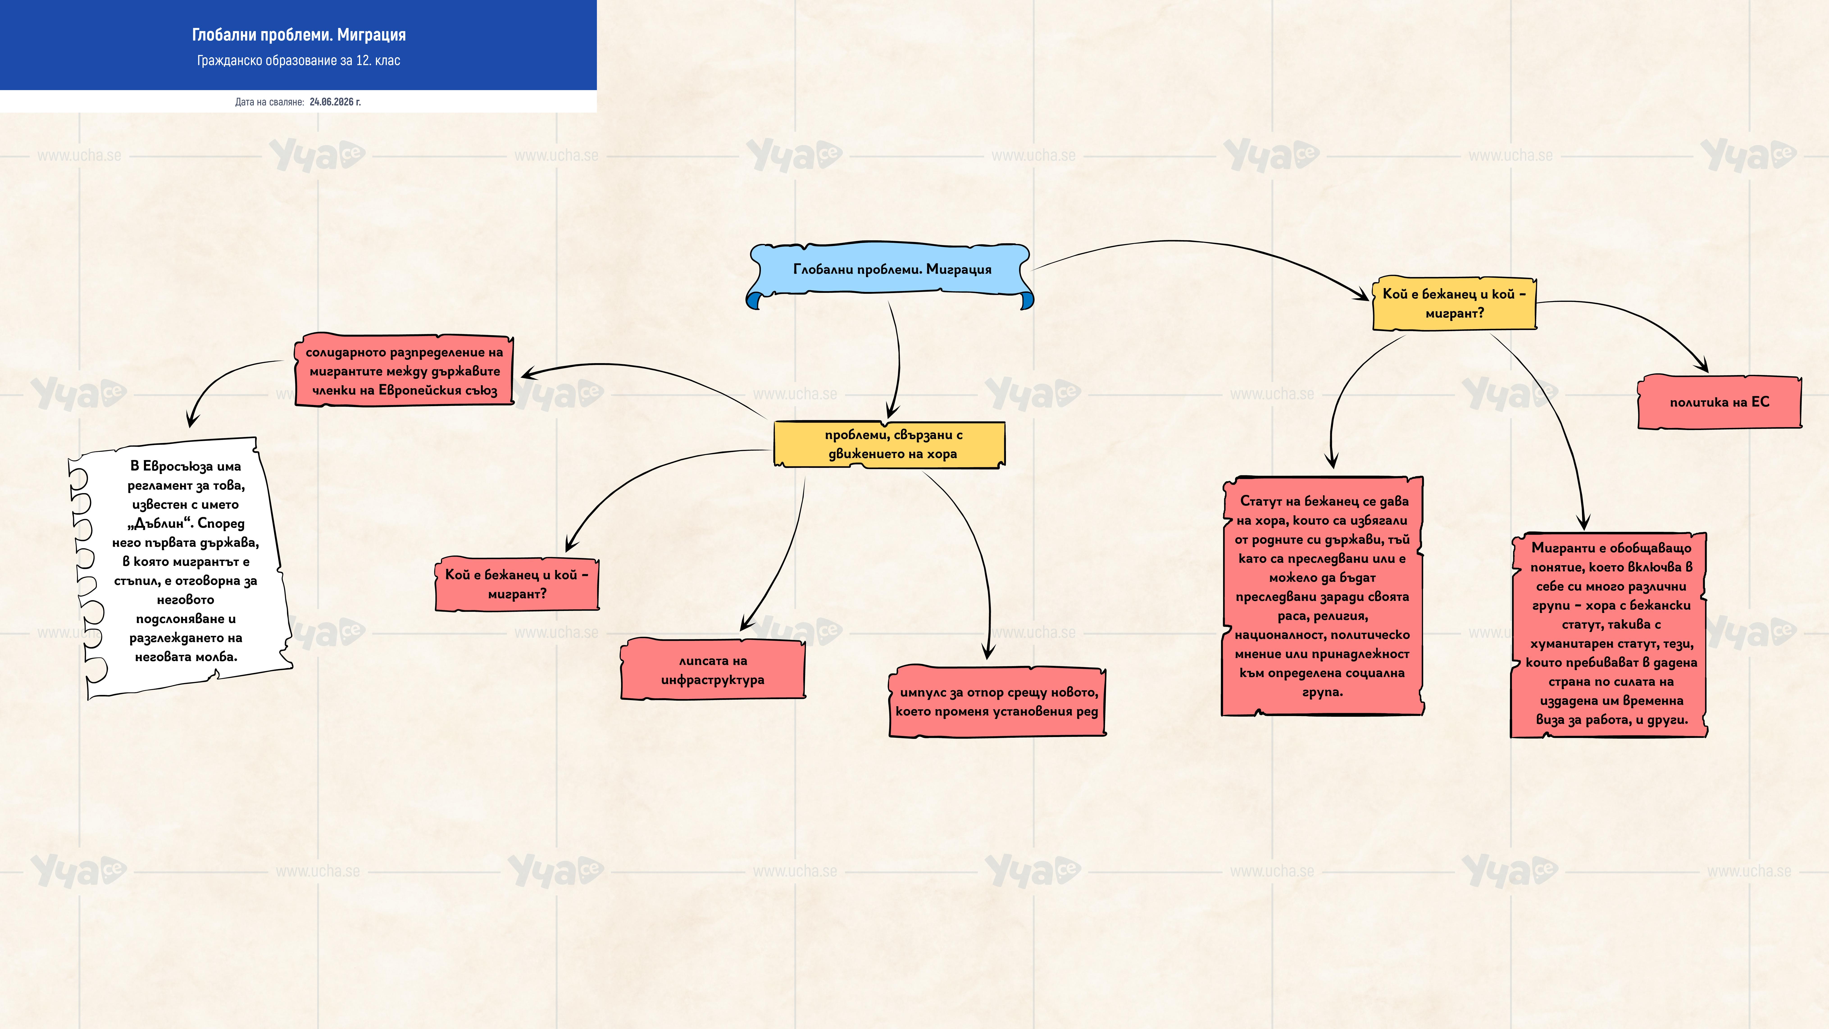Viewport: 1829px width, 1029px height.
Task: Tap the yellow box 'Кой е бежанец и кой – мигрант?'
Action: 1454,303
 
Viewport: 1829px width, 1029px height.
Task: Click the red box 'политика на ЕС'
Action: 1719,402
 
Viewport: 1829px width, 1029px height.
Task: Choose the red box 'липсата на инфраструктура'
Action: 713,670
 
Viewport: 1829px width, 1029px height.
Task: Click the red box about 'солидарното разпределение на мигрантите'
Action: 404,371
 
